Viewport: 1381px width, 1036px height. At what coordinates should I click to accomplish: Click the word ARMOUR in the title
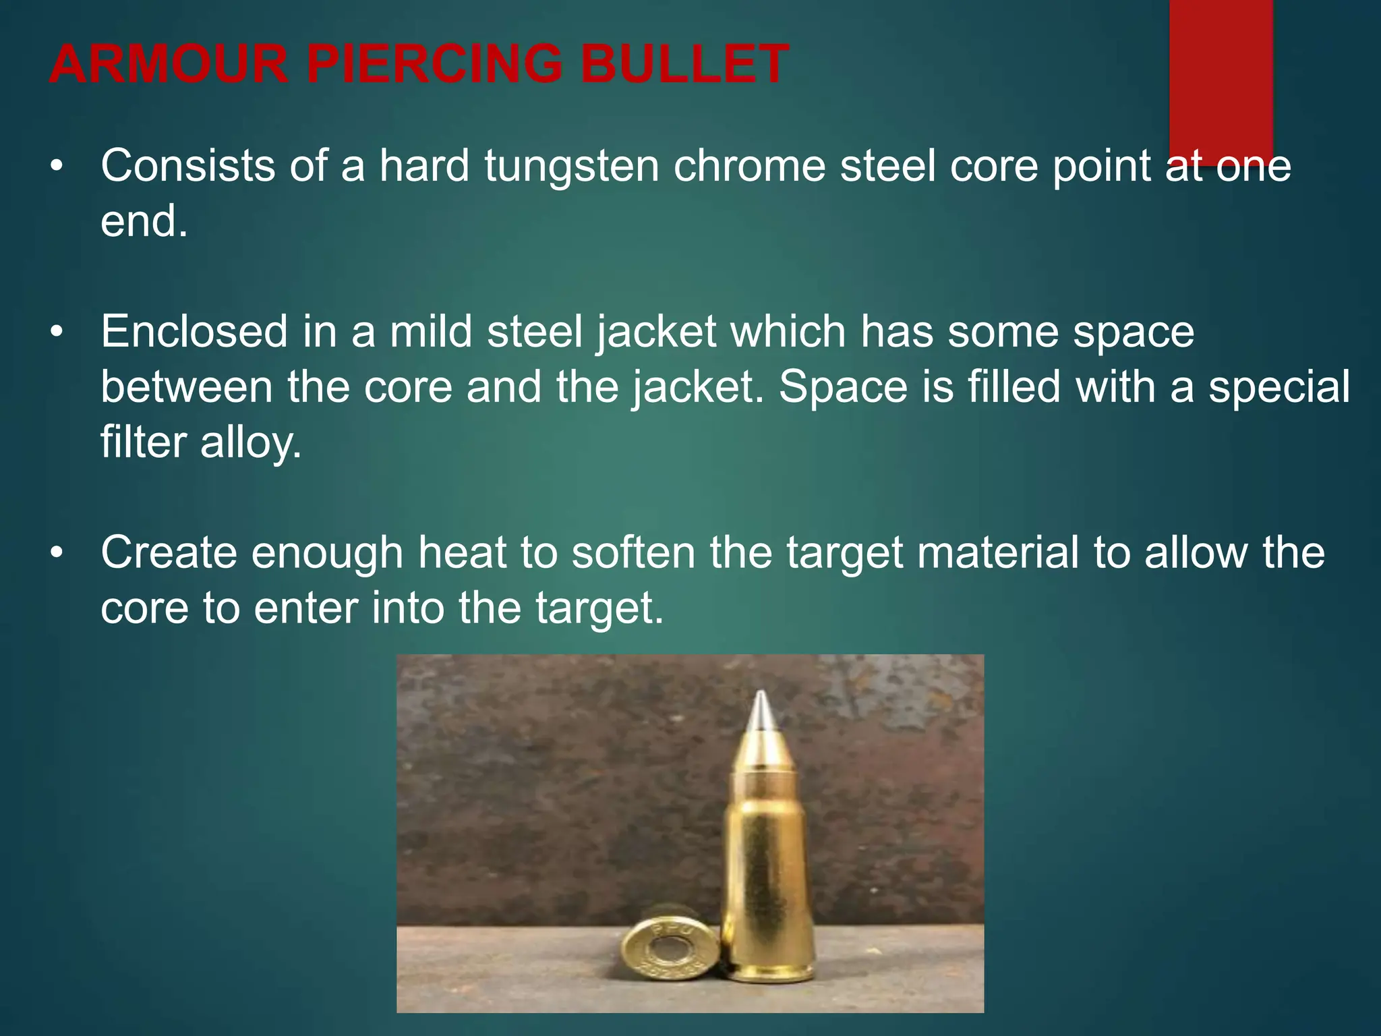(169, 64)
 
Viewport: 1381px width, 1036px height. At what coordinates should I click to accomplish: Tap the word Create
(169, 553)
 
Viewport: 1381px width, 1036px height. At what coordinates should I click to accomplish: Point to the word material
(997, 553)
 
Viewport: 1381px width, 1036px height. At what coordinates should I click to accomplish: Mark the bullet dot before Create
(57, 554)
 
